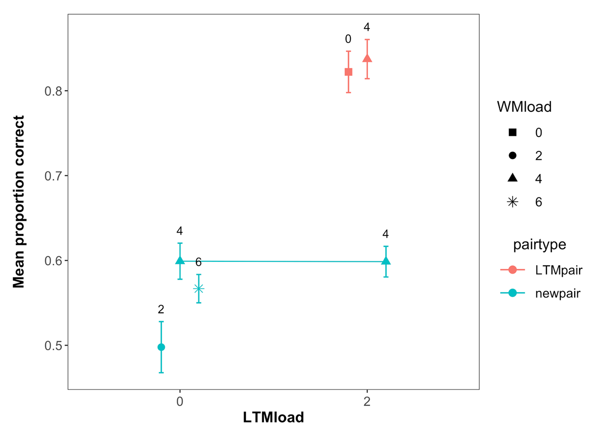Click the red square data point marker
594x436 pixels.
tap(348, 72)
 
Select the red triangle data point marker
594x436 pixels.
tap(367, 59)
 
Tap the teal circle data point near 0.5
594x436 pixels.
tap(161, 347)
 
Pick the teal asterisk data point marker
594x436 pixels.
tap(198, 289)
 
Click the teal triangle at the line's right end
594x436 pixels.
tap(386, 261)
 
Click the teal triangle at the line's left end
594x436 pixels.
tap(180, 260)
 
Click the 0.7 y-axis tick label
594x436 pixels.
tap(51, 176)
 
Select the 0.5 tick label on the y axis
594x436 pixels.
tap(51, 345)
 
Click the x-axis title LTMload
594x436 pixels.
tap(273, 418)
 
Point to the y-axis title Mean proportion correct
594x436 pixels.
tap(19, 202)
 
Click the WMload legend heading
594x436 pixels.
tap(525, 107)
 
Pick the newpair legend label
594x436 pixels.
tap(557, 293)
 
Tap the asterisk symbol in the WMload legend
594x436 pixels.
tap(512, 202)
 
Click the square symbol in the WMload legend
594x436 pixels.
tap(512, 133)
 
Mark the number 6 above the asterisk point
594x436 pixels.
tap(198, 262)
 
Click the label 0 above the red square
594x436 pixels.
tap(348, 39)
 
